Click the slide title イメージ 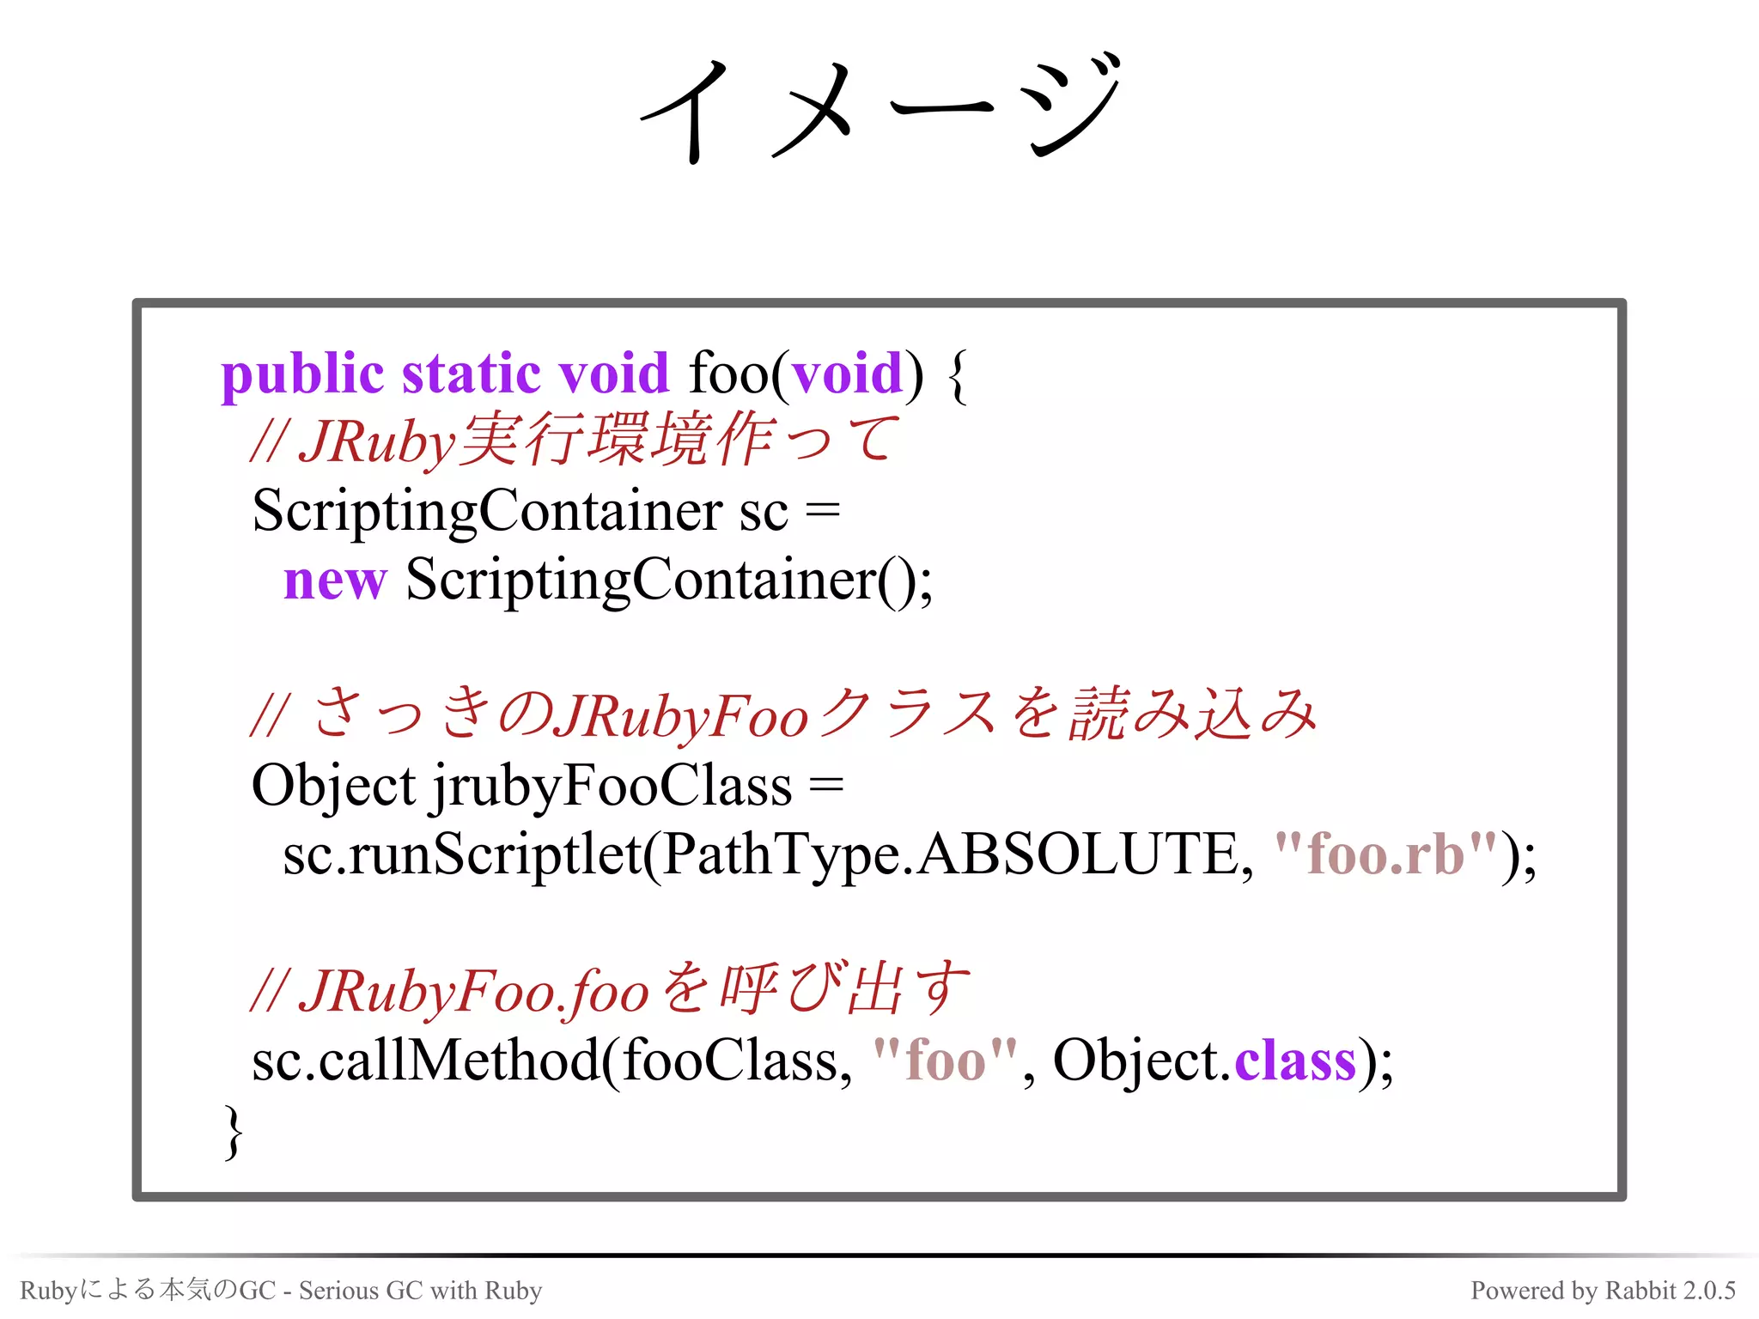pos(880,107)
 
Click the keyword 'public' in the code pos(301,374)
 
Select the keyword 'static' pos(472,374)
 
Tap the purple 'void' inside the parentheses pos(847,374)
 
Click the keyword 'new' pos(335,581)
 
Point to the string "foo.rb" pos(1385,855)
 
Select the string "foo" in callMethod pos(945,1061)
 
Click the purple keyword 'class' pos(1294,1061)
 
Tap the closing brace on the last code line pos(233,1132)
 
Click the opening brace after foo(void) pos(959,376)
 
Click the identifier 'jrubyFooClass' pos(612,787)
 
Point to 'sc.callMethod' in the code pos(425,1061)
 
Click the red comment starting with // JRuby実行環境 pos(574,441)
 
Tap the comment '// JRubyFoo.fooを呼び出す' pos(610,991)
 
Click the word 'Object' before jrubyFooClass pos(333,787)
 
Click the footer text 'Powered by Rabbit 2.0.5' pos(1603,1291)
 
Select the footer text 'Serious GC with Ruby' pos(420,1291)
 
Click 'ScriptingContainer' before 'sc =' pos(487,513)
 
